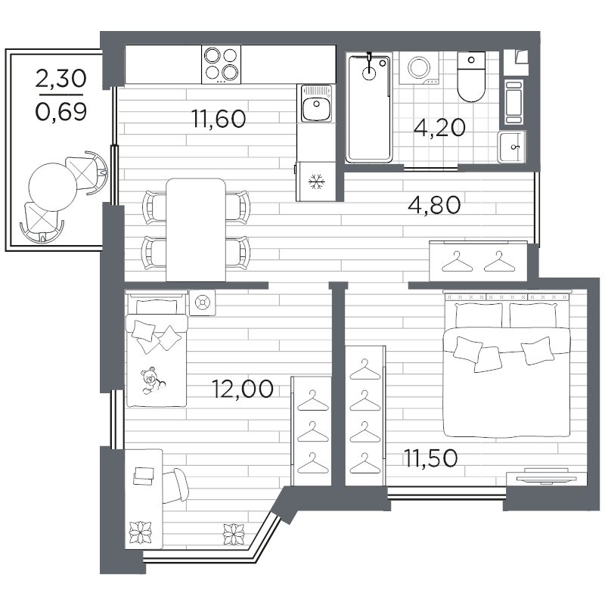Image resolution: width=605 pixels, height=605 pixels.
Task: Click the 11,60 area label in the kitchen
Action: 219,119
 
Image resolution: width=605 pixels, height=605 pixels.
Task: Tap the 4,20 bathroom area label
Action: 439,126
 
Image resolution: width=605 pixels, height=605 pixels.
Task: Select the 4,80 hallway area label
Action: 433,205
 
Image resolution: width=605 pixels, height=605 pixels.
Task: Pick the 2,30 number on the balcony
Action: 62,79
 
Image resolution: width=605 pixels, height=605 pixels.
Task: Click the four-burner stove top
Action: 221,64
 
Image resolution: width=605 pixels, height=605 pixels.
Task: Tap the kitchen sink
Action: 314,104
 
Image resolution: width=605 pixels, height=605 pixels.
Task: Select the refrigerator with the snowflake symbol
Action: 315,181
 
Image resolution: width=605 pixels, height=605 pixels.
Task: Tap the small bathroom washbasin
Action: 512,146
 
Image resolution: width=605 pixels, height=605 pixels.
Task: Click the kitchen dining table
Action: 196,228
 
